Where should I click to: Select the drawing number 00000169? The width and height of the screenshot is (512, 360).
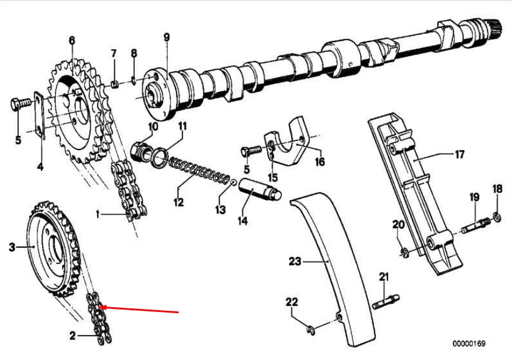tap(469, 343)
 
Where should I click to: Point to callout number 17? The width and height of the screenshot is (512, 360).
tap(459, 155)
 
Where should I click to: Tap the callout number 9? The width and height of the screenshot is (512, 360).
tap(167, 37)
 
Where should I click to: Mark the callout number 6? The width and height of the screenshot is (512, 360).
tap(72, 40)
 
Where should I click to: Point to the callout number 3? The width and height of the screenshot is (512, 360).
tap(12, 247)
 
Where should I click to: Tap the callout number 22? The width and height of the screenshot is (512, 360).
tap(292, 302)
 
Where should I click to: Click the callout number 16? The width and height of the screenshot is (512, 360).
tap(319, 161)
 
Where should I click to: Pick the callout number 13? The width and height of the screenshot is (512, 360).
tap(220, 209)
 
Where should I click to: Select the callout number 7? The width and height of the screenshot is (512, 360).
tap(114, 54)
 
